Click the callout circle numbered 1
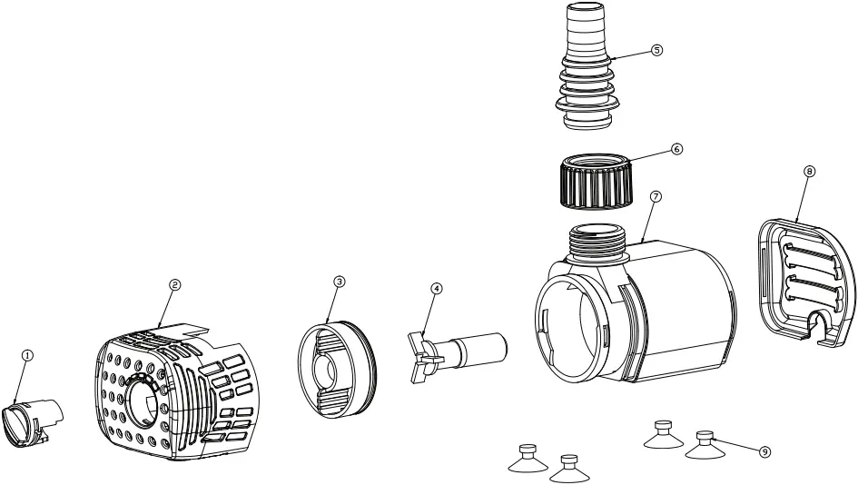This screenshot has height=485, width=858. [27, 356]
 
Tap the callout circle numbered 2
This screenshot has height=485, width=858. [174, 284]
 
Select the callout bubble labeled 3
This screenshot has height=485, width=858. [339, 282]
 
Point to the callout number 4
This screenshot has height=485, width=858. [437, 288]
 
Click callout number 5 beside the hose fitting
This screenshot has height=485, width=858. [656, 50]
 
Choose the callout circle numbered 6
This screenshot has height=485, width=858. [676, 148]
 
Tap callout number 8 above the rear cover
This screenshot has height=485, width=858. [809, 170]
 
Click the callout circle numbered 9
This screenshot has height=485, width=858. [764, 450]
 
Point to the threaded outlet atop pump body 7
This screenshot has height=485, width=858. [596, 240]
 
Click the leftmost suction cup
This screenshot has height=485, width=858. [527, 459]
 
